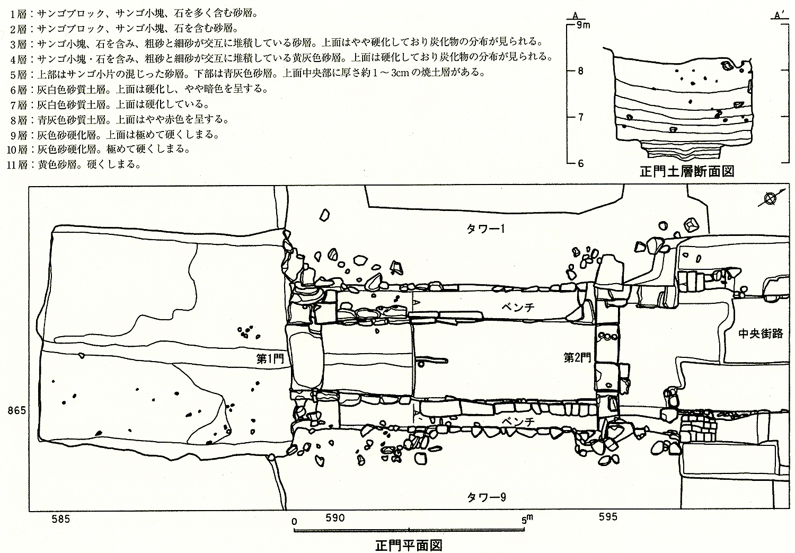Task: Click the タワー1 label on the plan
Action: pos(486,229)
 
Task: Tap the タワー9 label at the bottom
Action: pos(486,497)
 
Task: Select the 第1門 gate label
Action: pos(270,359)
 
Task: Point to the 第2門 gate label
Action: pos(577,358)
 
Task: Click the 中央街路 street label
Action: pos(761,333)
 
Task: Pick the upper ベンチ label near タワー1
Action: pos(518,307)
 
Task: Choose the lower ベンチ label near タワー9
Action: pos(518,420)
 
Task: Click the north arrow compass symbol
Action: pos(771,199)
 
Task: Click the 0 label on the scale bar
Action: pos(294,520)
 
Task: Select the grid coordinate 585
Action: pos(60,519)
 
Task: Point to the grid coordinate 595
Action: pos(607,517)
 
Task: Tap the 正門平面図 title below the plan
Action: pos(408,545)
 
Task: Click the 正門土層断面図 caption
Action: pos(686,172)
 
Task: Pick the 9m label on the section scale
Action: pos(583,24)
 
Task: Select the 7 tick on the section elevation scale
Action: pos(581,117)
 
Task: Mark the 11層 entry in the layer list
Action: pos(21,164)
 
